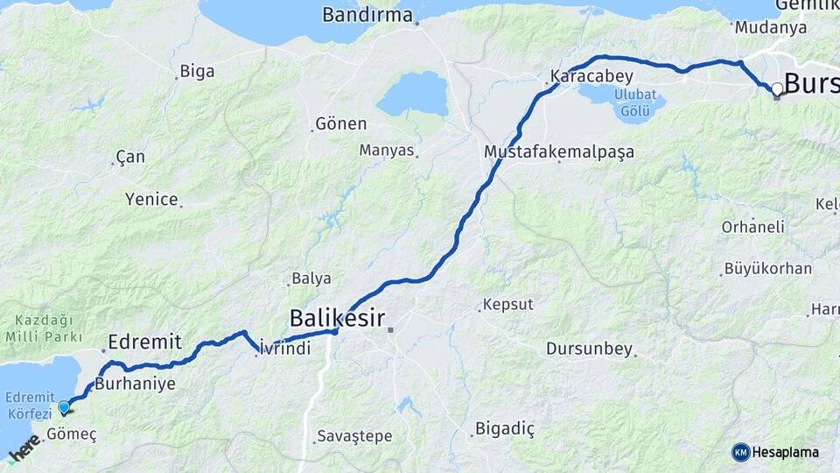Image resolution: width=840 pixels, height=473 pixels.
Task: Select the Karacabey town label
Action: tap(591, 76)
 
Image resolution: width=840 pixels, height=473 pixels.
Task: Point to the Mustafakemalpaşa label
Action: tap(558, 152)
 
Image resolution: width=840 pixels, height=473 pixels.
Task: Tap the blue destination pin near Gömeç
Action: tap(64, 407)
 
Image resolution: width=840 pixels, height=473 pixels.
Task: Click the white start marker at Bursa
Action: tap(776, 88)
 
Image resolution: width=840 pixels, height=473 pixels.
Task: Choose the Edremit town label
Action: tap(144, 342)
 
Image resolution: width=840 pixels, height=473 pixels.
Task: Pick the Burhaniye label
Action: tap(135, 384)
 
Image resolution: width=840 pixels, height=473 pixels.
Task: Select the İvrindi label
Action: tap(286, 349)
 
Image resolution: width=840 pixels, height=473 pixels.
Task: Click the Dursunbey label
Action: tap(588, 349)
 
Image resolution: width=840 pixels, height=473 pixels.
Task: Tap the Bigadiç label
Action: tap(504, 428)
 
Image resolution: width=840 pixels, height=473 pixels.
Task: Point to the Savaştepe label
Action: tap(354, 435)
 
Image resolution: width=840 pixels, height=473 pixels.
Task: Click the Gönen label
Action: tap(341, 124)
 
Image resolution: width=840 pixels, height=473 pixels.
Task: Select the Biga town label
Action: tap(197, 72)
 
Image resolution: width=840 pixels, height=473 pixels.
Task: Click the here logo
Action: tap(24, 448)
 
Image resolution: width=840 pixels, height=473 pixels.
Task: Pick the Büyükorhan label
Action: tap(768, 269)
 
